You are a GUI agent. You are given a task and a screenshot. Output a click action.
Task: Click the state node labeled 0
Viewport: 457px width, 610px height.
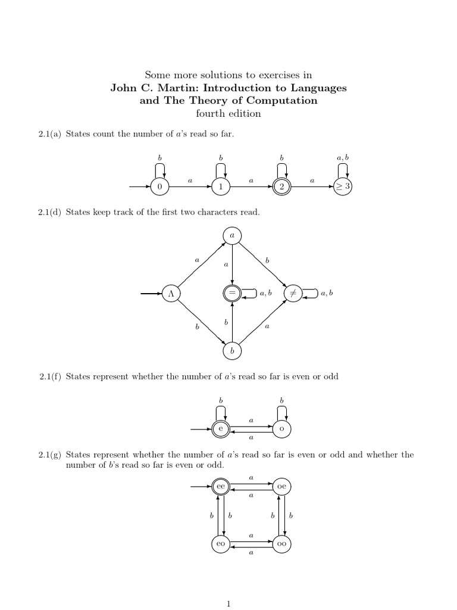point(159,187)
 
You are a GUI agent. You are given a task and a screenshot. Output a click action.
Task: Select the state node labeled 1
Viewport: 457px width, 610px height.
point(221,187)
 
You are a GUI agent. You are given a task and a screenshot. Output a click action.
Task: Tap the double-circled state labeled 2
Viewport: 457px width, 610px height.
point(282,187)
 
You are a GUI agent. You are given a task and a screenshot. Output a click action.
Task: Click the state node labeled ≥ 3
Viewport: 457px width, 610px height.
point(343,187)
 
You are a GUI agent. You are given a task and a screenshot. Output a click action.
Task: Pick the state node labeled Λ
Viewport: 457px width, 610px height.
point(171,294)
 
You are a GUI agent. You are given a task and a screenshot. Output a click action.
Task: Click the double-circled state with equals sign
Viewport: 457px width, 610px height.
point(232,294)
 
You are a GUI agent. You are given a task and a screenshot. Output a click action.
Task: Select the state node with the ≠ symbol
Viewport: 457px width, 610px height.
point(293,294)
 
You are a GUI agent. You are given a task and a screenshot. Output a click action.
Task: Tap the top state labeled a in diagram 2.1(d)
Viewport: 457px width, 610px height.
point(232,236)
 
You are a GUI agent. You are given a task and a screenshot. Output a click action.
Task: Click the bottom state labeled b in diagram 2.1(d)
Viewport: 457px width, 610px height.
point(232,351)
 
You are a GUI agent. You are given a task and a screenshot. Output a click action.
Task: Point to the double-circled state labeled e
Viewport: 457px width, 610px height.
point(220,429)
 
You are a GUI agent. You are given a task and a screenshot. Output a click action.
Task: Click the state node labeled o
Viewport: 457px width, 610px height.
point(281,429)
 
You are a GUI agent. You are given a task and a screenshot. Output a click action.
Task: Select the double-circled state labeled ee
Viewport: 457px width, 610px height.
point(221,487)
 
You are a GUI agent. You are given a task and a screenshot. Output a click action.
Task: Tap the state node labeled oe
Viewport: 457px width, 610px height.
point(281,487)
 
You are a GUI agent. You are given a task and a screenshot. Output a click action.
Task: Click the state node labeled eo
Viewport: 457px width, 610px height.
point(221,544)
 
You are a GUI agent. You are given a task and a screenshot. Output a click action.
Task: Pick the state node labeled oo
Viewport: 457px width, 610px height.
point(281,544)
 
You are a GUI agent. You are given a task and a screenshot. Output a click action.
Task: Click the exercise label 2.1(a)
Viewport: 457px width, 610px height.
point(50,134)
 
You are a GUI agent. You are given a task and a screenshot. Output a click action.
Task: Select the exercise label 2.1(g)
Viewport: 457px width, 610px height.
point(50,455)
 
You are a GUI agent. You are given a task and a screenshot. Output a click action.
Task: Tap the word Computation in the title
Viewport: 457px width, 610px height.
point(282,100)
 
